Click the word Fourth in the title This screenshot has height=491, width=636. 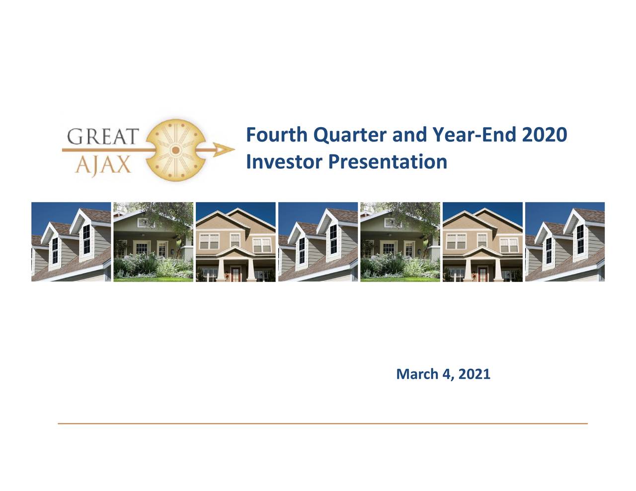(276, 135)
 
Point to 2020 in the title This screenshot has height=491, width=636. (545, 135)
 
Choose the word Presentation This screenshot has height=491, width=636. (388, 162)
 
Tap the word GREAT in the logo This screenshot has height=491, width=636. (103, 137)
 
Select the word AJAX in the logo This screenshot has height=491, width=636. (103, 165)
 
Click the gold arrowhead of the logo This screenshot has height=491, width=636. (223, 150)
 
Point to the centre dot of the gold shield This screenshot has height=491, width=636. (175, 150)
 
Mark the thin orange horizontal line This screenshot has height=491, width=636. (322, 423)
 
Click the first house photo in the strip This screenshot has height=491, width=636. (71, 242)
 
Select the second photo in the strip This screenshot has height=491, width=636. (154, 242)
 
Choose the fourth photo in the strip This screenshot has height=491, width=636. (318, 242)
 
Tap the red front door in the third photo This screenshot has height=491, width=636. (235, 274)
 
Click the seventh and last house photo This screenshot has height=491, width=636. (565, 242)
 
